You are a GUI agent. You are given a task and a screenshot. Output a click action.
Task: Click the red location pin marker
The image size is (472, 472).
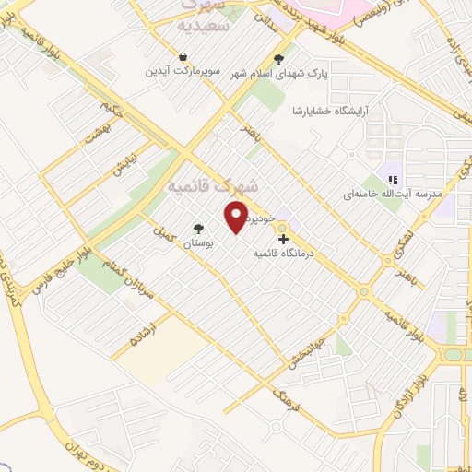[237, 217]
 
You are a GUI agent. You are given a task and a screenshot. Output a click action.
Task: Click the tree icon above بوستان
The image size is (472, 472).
[198, 230]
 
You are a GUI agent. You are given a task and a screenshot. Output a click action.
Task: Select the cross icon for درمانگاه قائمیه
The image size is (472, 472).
[282, 239]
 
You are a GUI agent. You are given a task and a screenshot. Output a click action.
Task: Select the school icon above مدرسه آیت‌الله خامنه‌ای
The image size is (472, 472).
[391, 180]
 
